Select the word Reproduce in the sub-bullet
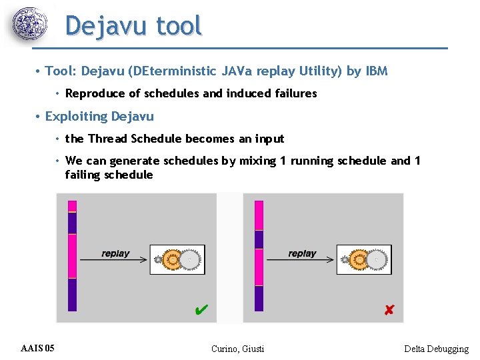(x=93, y=93)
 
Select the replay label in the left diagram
(x=115, y=253)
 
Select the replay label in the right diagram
(x=302, y=253)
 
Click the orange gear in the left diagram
(x=173, y=259)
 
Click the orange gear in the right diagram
(x=359, y=259)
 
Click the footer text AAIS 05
(x=38, y=348)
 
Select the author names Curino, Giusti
(x=237, y=349)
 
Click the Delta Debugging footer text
(x=436, y=349)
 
